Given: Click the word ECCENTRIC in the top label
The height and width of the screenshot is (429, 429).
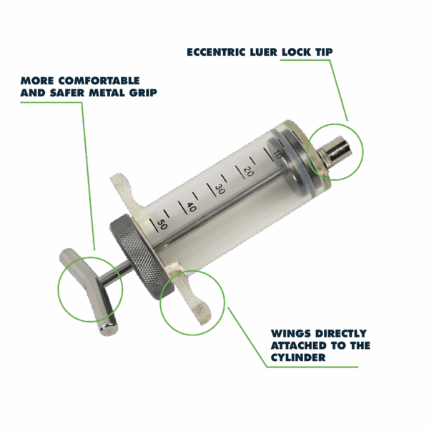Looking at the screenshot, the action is click(x=216, y=52).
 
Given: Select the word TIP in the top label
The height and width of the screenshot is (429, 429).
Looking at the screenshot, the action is click(x=324, y=52).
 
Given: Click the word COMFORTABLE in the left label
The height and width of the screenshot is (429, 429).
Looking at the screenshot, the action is click(x=99, y=81).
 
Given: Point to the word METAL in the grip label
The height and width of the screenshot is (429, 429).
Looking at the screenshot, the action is click(x=107, y=93).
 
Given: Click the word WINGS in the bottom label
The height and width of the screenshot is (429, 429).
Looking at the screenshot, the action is click(x=291, y=333).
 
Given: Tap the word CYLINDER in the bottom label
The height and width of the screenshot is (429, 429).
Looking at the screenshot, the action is click(x=298, y=357).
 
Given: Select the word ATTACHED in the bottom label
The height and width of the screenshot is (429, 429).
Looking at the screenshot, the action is click(x=298, y=345).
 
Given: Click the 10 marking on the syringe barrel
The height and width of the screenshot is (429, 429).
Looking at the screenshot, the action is click(x=277, y=156).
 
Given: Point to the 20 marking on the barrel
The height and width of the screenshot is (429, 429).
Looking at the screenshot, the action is click(x=248, y=172).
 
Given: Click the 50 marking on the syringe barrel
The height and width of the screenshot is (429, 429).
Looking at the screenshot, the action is click(x=162, y=225).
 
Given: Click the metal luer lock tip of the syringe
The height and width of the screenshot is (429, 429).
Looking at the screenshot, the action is click(x=335, y=152).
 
